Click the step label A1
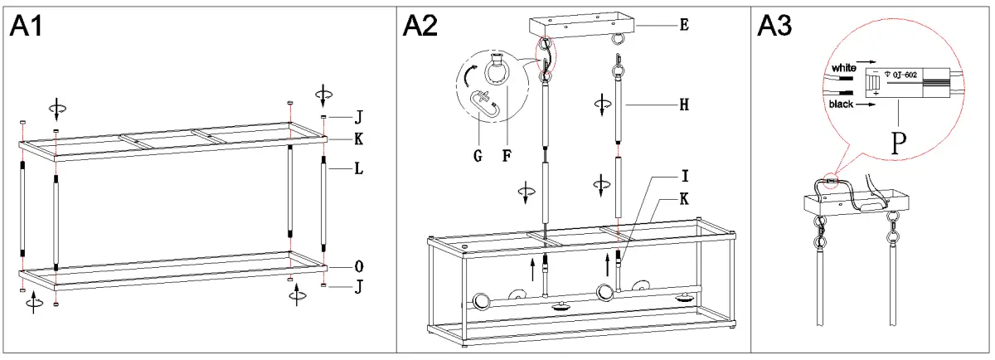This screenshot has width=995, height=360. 27,27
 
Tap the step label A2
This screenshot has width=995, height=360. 420,27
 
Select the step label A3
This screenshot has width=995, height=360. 775,27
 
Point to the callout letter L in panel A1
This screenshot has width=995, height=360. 358,168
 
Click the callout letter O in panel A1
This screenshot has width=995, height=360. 358,267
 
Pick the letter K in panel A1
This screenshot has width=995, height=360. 358,138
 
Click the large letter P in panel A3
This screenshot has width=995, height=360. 897,144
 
